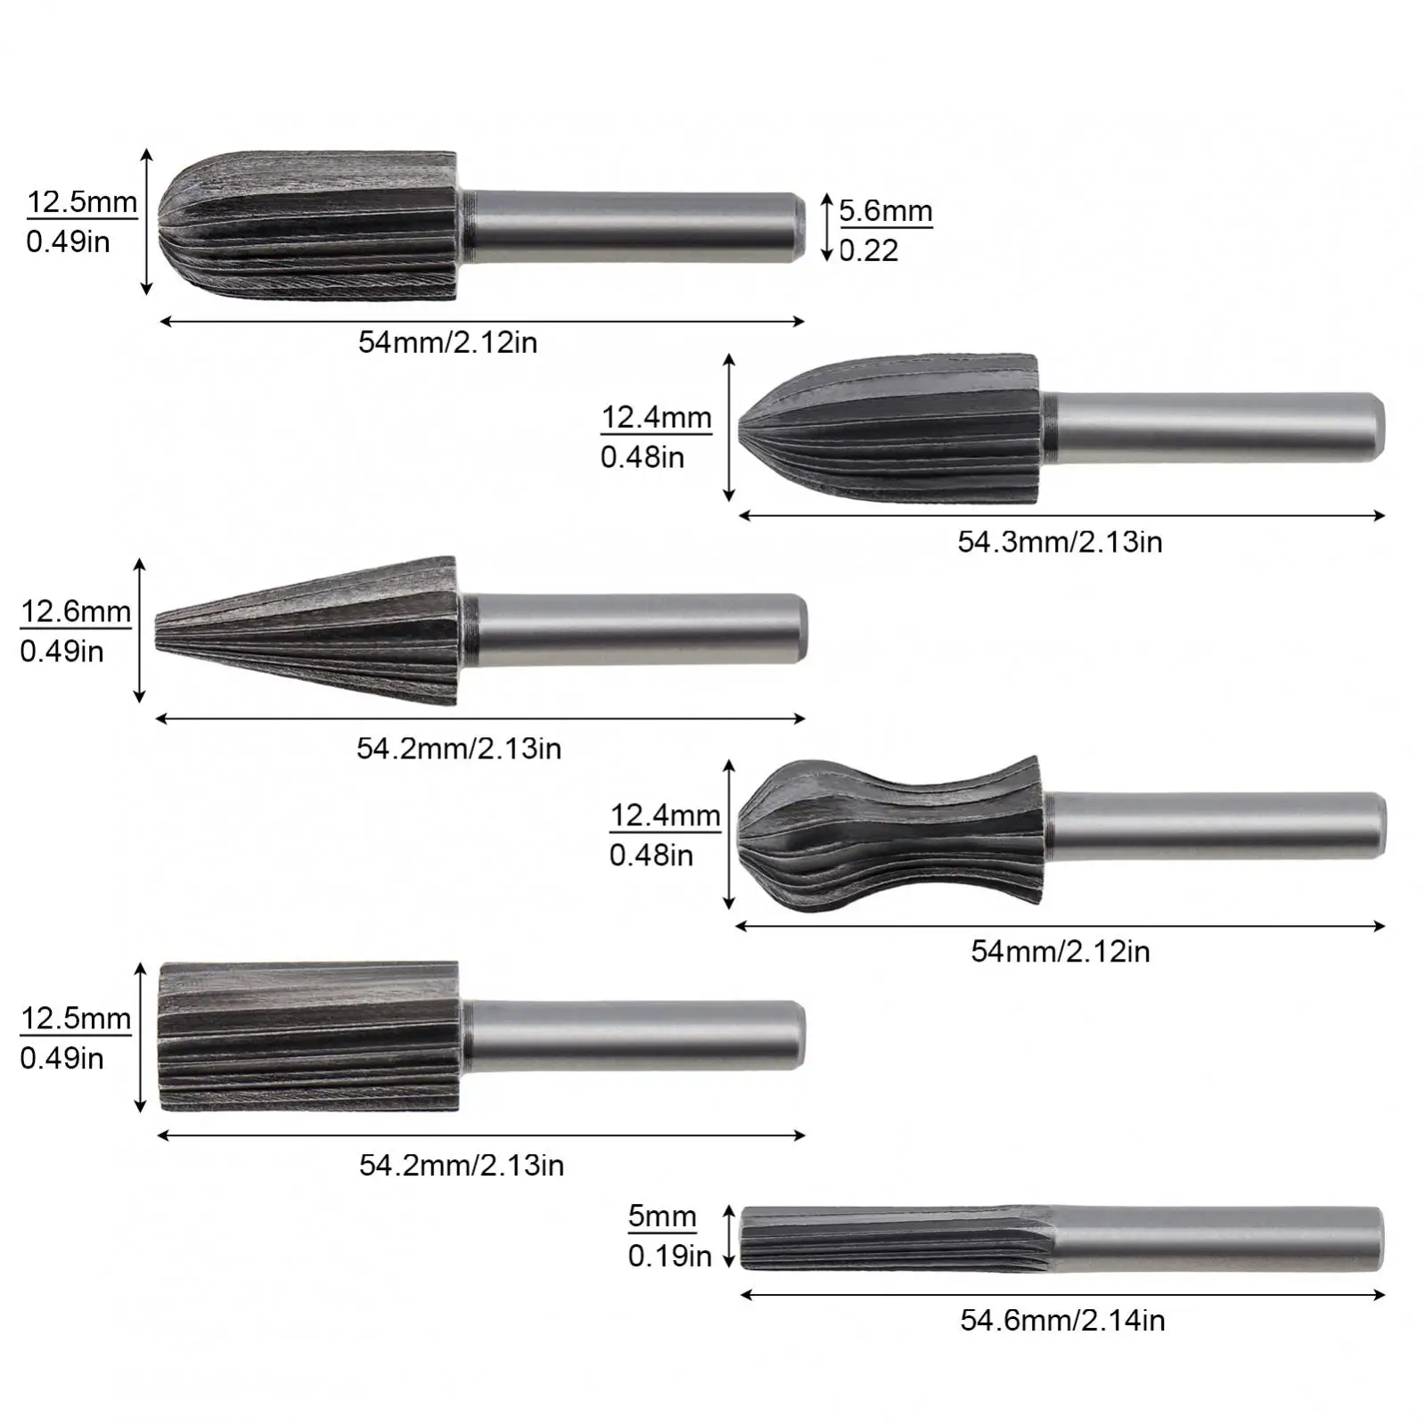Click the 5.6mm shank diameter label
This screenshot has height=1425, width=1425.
tap(885, 211)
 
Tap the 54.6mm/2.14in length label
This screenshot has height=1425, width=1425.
tap(1062, 1320)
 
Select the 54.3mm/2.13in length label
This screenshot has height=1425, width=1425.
tap(1060, 542)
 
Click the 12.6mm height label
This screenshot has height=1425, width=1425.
tap(76, 611)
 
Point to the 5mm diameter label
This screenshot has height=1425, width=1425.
tap(661, 1216)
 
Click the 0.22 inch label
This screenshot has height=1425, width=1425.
tap(869, 250)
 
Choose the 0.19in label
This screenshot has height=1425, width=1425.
tap(669, 1256)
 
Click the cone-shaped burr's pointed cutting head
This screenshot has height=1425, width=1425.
tap(307, 631)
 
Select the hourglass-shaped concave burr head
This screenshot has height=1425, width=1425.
tap(891, 833)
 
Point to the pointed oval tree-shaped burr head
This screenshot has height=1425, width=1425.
tap(891, 428)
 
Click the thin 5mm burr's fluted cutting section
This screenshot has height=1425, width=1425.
tap(896, 1239)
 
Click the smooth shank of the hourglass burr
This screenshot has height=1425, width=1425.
tap(1216, 826)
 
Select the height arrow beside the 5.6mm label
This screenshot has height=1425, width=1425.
tap(826, 227)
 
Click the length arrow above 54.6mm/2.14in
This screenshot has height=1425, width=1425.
tap(1062, 1295)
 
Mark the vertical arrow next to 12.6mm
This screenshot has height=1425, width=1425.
tap(139, 631)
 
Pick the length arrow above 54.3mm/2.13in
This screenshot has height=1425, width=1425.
tap(1061, 515)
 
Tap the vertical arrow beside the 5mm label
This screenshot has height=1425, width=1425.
tap(729, 1236)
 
